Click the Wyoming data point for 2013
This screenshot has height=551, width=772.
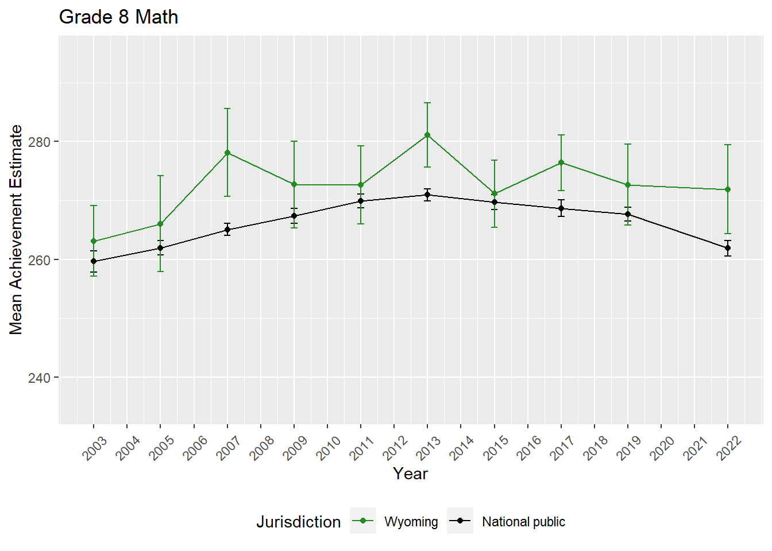pos(427,135)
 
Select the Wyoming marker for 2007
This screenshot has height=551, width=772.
pos(227,153)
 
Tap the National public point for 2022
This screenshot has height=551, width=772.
pos(728,248)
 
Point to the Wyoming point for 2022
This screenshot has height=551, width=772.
pos(728,189)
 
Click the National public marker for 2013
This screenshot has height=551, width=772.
pos(427,195)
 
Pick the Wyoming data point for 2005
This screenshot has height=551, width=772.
pos(160,224)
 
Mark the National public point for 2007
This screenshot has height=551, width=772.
pos(227,230)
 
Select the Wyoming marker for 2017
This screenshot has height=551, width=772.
pos(561,162)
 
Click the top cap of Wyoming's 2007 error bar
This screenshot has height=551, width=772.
pos(227,108)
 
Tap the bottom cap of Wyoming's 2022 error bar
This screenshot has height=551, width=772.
pos(728,234)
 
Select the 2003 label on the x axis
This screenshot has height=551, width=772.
pos(95,448)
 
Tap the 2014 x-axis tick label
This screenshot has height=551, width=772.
pos(462,448)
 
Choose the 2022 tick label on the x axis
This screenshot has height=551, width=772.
pos(729,448)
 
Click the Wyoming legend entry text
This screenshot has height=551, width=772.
pos(411,522)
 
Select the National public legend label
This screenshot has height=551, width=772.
pos(523,522)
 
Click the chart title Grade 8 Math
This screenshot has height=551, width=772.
pos(118,17)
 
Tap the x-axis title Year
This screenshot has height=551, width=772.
pos(410,474)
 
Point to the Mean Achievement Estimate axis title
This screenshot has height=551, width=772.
pos(16,230)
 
